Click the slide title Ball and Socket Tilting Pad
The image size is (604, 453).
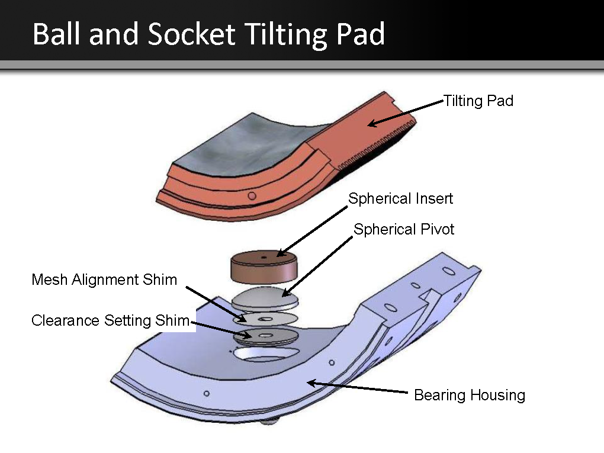tap(208, 34)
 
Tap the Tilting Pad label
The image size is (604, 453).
tap(478, 101)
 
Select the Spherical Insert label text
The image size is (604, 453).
tap(401, 199)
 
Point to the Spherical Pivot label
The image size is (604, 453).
tap(404, 229)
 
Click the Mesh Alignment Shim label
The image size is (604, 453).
tap(104, 279)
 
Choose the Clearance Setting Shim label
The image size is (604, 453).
tap(111, 320)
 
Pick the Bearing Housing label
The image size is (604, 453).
tap(470, 396)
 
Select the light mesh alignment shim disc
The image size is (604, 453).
tap(265, 319)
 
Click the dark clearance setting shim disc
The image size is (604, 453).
tap(266, 336)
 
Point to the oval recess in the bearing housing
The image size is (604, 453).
tap(266, 354)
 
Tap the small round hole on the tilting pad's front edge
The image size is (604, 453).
tap(252, 196)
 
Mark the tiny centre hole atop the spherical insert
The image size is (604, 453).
tap(264, 257)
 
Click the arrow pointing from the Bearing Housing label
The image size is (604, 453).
tap(358, 387)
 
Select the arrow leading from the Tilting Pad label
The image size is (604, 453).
tap(406, 113)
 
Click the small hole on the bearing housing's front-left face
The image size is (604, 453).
tap(207, 394)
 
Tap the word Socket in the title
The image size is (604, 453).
tap(191, 34)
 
